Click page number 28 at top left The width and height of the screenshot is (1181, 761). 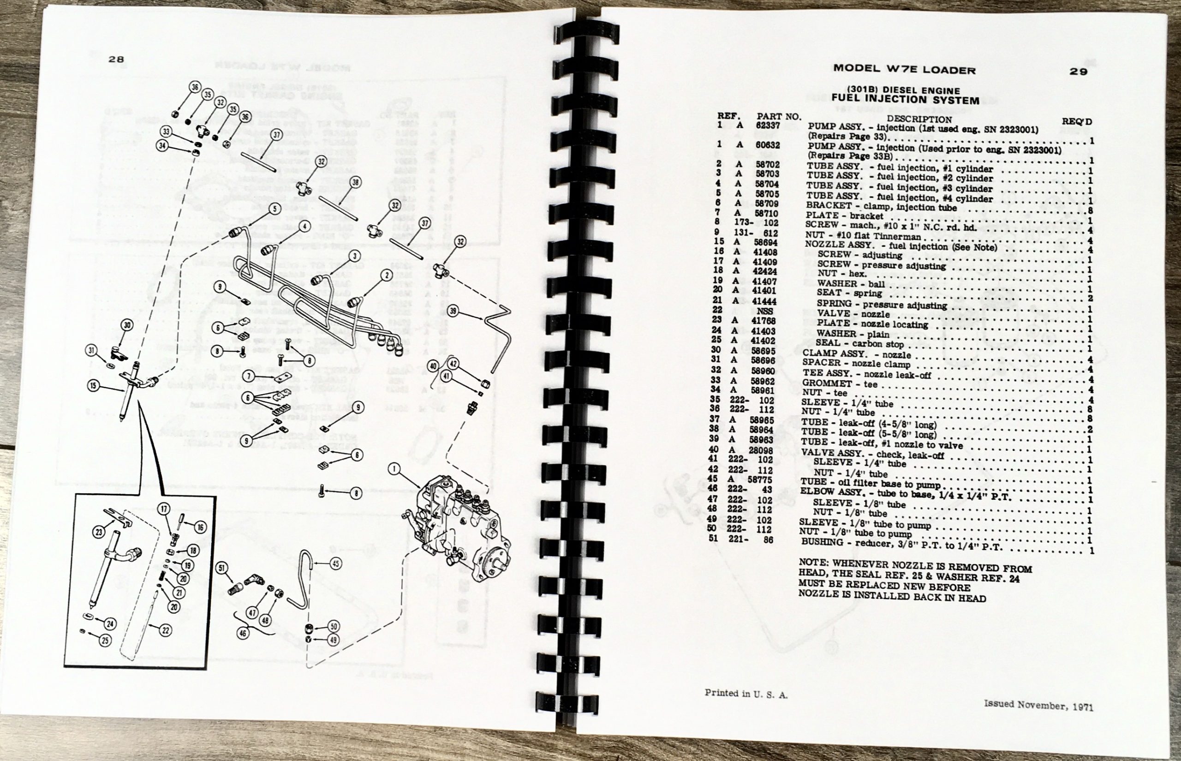click(116, 59)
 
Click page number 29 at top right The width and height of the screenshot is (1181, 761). click(1078, 71)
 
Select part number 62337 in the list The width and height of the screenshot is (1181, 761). click(768, 126)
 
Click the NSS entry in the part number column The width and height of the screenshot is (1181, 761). click(764, 311)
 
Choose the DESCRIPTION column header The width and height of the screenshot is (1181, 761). click(919, 119)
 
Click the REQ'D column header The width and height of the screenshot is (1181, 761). click(1077, 121)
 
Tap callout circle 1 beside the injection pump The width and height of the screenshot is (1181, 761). click(393, 468)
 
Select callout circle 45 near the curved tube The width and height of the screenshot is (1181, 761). click(336, 563)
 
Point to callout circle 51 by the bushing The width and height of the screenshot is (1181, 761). click(222, 568)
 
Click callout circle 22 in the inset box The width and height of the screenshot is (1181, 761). click(166, 630)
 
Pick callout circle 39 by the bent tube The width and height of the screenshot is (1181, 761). click(453, 312)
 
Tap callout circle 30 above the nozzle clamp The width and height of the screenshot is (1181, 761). click(127, 325)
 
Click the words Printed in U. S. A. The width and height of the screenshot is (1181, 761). click(746, 694)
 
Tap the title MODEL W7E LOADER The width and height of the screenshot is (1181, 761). click(904, 69)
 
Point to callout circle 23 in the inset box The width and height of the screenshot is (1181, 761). click(99, 532)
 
